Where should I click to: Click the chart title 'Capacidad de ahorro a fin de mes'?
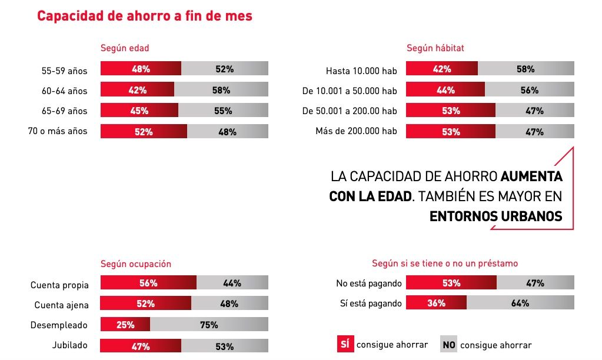(145, 16)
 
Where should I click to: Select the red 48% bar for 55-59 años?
(141, 69)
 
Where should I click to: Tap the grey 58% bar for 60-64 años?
(221, 90)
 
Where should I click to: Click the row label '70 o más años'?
(58, 131)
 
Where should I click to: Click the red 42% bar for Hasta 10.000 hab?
(442, 69)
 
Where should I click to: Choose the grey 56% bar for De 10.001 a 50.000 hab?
(529, 90)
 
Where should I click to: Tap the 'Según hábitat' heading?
(435, 48)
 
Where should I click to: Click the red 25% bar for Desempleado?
(125, 325)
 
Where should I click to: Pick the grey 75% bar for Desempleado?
(209, 325)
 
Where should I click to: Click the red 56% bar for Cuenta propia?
(148, 283)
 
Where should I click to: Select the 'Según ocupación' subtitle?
(136, 264)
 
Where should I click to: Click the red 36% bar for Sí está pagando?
(436, 303)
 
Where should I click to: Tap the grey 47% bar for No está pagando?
(535, 283)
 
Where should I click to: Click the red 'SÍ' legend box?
(344, 344)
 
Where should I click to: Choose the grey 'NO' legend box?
(448, 344)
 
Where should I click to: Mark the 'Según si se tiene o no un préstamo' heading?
(445, 264)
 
